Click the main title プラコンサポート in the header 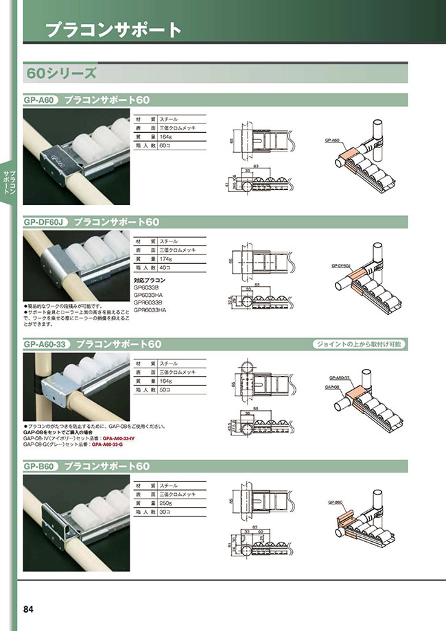click(x=113, y=29)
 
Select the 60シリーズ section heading click(x=60, y=72)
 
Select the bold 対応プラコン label click(x=149, y=281)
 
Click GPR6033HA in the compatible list click(x=150, y=309)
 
